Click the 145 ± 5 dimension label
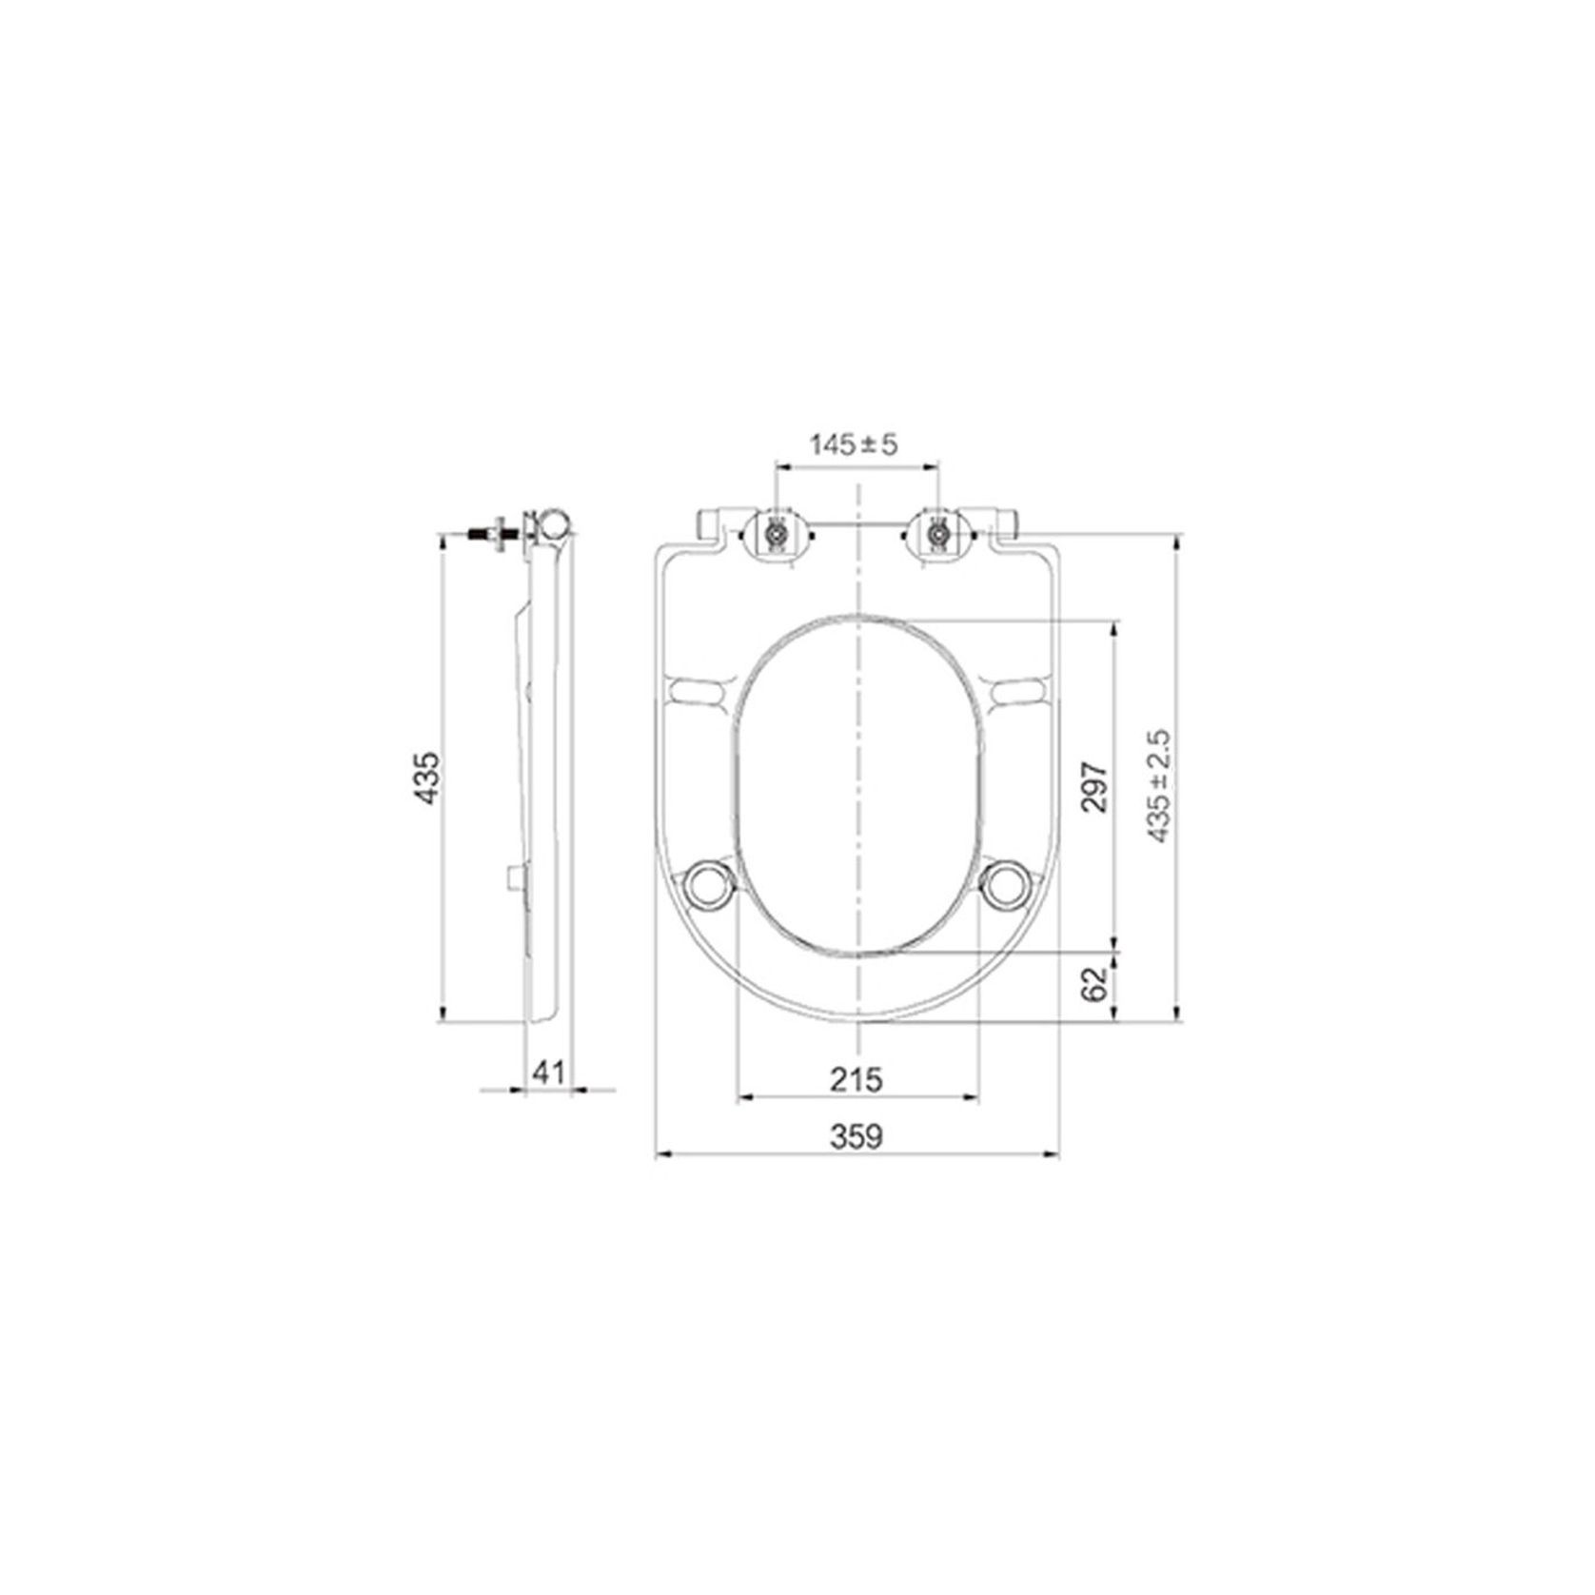pos(854,444)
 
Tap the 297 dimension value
pos(1095,785)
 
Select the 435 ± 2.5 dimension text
pos(1158,786)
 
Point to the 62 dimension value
pos(1095,983)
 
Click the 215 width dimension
pos(857,1079)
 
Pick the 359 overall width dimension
pos(857,1136)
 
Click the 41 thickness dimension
pos(548,1073)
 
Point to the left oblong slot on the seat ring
pos(701,688)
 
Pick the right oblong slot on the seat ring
pos(1020,688)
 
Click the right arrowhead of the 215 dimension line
pos(972,1097)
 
